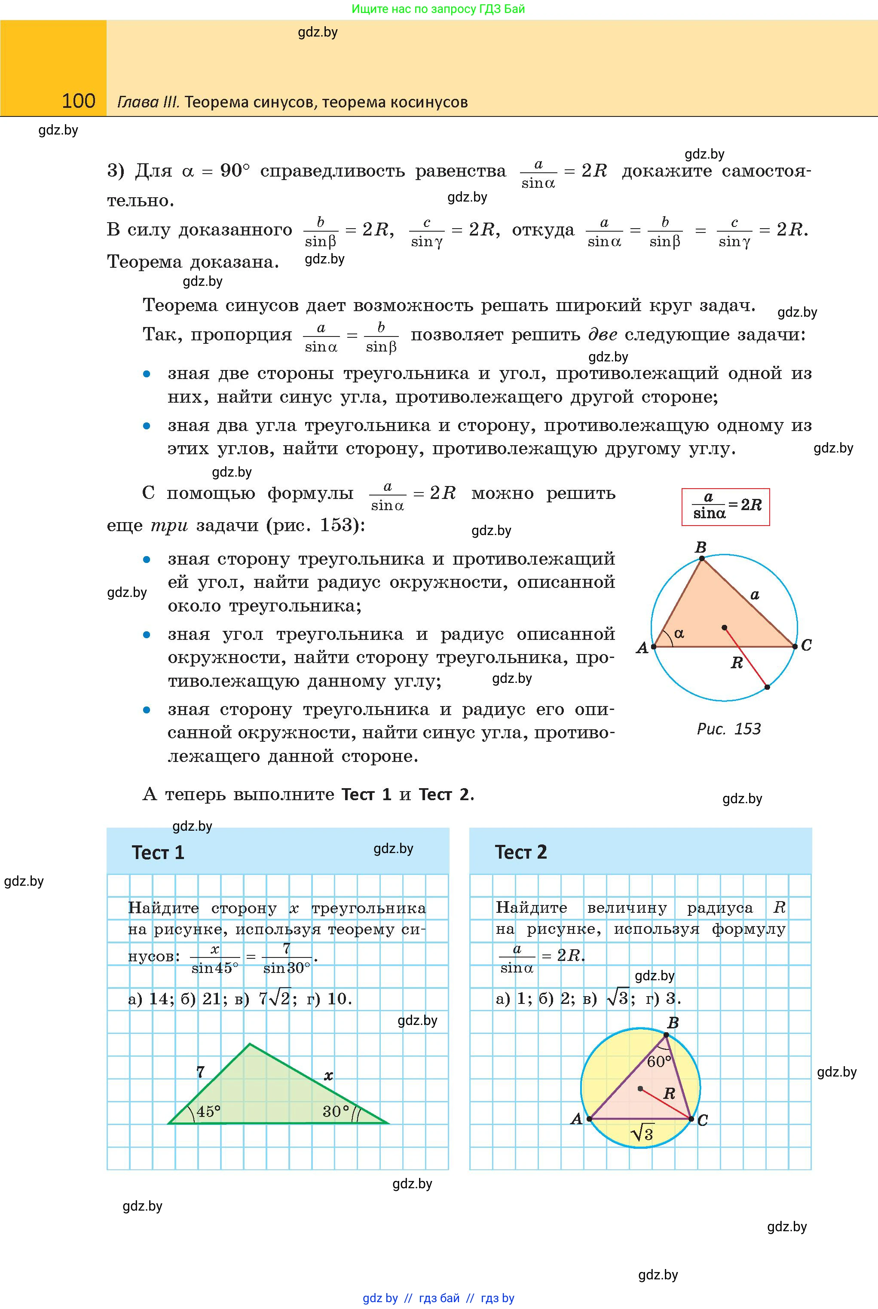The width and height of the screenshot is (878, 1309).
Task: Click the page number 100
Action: coord(78,101)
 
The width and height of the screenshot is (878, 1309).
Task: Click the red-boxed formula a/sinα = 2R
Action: coord(725,506)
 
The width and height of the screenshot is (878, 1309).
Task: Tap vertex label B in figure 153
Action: coord(701,547)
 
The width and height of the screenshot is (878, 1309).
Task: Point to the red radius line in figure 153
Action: coord(746,658)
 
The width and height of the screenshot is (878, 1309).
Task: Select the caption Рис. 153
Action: coord(728,728)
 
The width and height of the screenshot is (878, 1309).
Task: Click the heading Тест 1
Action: coord(158,853)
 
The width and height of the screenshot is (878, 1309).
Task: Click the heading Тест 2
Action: coord(521,852)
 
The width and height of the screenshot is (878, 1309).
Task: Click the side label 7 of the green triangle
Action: coord(200,1072)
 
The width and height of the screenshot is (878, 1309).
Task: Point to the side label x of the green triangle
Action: coord(329,1075)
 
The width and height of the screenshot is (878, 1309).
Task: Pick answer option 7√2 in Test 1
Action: coord(274,999)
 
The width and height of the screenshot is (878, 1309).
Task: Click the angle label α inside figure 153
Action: coord(679,633)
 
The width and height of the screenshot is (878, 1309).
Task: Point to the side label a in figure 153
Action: coord(755,595)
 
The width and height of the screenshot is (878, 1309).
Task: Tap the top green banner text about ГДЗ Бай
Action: coord(438,9)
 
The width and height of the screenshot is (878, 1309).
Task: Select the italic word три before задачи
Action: coord(169,525)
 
